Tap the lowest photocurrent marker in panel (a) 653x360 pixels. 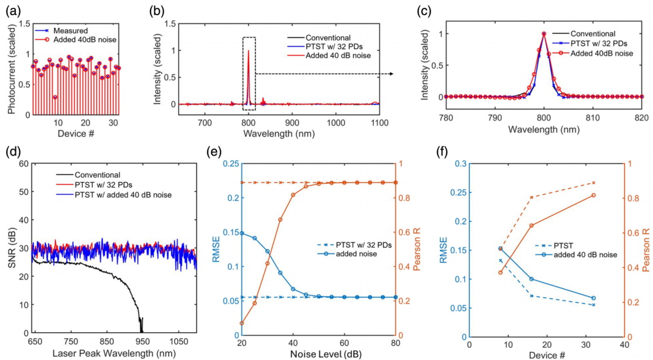tap(55, 97)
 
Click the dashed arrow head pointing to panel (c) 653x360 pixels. tap(392, 74)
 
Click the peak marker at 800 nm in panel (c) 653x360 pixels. tap(544, 34)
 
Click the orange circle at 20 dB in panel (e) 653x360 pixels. tap(242, 323)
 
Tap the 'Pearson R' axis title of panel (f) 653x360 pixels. tap(645, 250)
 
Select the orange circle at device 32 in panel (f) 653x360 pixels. tap(593, 195)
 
